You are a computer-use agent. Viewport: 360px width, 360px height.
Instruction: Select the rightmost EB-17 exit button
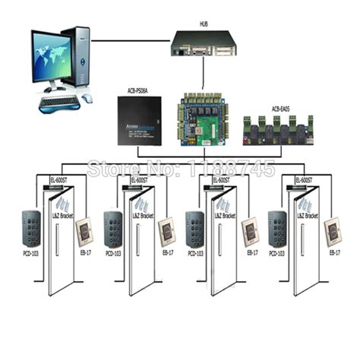[x=333, y=231]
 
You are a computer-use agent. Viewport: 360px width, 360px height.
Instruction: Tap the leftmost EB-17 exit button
[x=85, y=231]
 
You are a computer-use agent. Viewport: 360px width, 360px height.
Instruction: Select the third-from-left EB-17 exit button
[x=249, y=231]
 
